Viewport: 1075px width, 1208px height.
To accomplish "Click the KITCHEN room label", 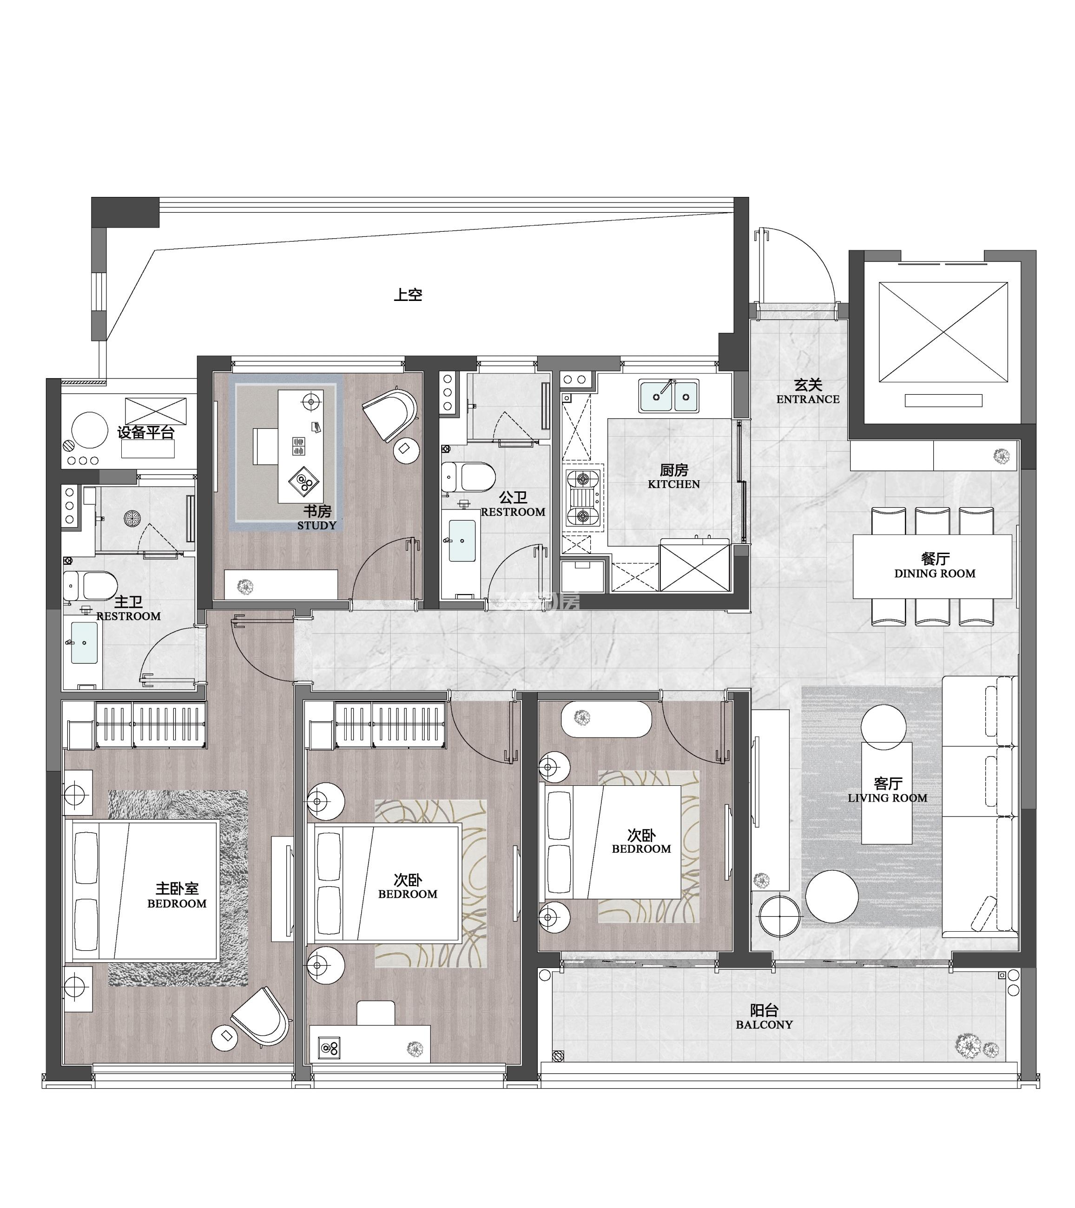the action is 673,484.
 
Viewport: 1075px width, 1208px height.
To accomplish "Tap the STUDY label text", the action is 317,525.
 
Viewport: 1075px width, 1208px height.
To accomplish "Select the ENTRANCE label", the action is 808,399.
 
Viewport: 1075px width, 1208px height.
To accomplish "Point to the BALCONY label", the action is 764,1025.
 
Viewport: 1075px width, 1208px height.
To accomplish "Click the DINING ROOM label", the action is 934,573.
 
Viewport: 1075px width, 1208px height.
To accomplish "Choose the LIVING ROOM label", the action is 888,798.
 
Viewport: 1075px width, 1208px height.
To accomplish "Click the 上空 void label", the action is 408,294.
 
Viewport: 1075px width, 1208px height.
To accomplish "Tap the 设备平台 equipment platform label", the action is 146,432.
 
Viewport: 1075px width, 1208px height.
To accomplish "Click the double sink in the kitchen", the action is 669,396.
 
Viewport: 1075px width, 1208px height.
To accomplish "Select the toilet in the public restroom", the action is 468,477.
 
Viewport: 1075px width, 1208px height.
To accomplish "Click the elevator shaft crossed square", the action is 943,332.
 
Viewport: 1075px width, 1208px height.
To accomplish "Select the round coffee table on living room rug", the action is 832,897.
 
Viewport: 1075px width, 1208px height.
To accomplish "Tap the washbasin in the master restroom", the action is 83,642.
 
